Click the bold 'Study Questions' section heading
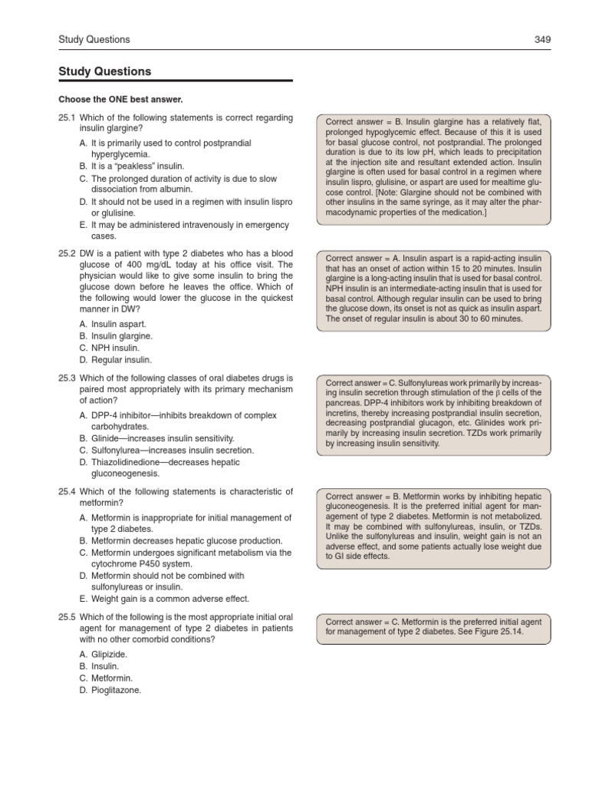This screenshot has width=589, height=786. [105, 71]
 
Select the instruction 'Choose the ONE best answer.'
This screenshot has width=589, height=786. [121, 99]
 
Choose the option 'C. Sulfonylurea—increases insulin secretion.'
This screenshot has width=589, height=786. [166, 450]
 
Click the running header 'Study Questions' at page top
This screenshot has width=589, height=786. [94, 39]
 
